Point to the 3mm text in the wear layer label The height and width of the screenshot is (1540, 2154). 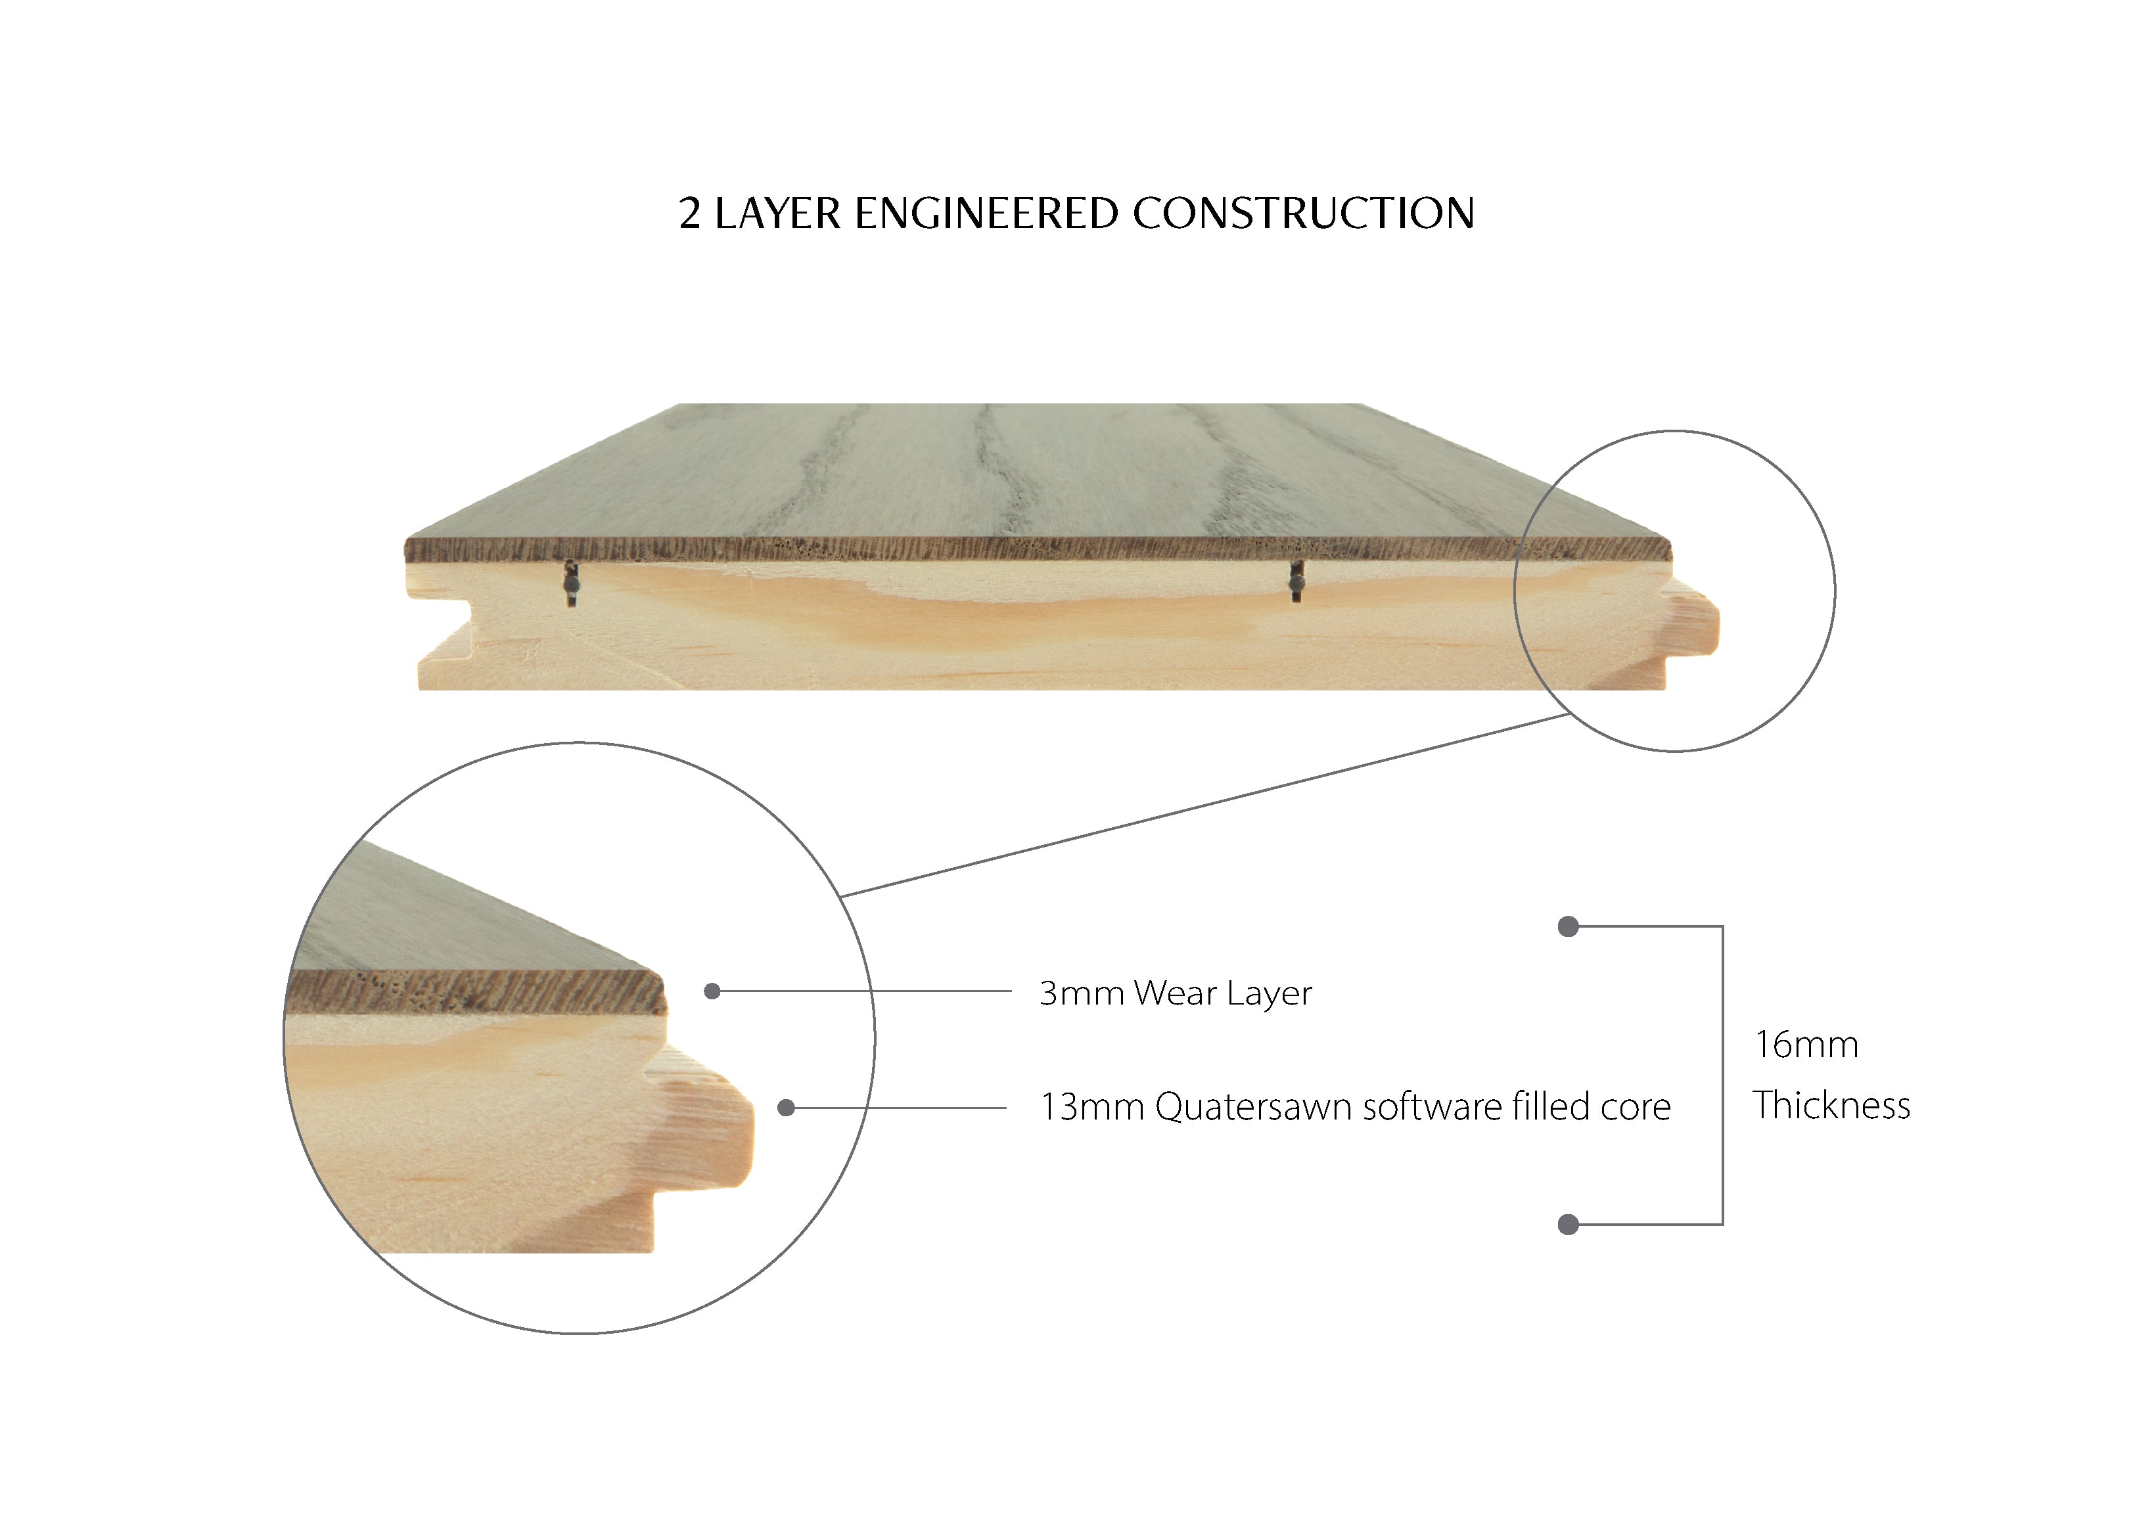(1080, 993)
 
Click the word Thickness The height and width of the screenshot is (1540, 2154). (1831, 1106)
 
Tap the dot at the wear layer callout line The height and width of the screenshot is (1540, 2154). (712, 991)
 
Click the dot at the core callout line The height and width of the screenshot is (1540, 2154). (785, 1108)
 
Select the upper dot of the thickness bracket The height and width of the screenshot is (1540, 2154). (1568, 926)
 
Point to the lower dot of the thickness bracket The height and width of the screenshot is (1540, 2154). (1568, 1224)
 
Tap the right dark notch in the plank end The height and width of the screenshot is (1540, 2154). (1296, 580)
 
